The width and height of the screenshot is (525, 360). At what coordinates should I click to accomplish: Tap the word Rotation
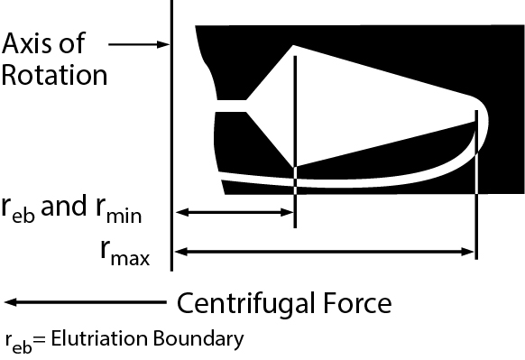[54, 74]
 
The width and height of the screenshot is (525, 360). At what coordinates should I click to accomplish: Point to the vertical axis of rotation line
[171, 135]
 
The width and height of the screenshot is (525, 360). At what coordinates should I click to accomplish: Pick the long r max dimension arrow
[325, 254]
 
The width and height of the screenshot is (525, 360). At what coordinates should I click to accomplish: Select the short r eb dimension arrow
[235, 213]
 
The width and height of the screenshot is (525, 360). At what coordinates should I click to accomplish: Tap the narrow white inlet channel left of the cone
[231, 106]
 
